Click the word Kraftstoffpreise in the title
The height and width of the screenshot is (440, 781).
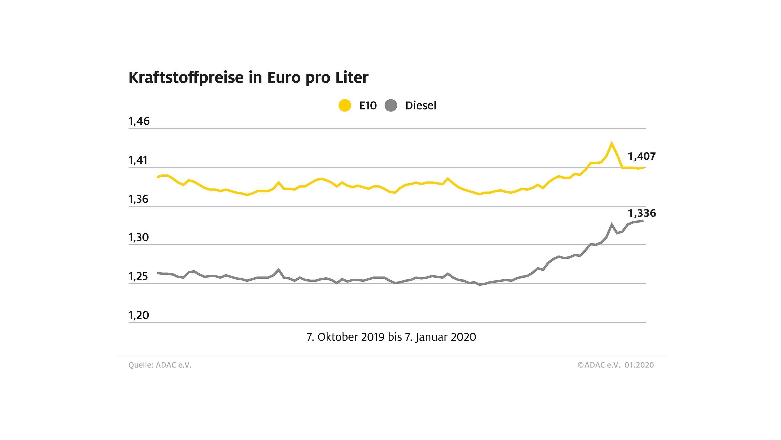(x=186, y=77)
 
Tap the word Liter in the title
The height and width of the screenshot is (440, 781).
(x=352, y=77)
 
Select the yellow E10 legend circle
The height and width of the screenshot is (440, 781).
(x=345, y=105)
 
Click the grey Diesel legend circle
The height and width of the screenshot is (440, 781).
(x=391, y=105)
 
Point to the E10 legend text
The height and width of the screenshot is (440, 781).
(x=368, y=106)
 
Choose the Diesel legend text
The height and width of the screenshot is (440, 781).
(x=420, y=106)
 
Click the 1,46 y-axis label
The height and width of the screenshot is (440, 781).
(x=139, y=121)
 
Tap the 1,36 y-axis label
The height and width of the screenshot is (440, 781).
(x=138, y=199)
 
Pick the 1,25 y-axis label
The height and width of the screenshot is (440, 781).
(x=138, y=277)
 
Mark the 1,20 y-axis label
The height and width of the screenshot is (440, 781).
(x=139, y=316)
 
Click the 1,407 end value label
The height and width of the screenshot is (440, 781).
(x=642, y=156)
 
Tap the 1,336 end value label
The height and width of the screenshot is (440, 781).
(x=642, y=214)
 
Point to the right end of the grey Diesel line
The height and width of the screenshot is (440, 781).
(x=643, y=221)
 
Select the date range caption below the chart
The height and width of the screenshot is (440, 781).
(x=391, y=337)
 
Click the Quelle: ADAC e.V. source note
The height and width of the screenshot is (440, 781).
(x=160, y=365)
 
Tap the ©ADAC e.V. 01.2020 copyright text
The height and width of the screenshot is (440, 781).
(x=615, y=365)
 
